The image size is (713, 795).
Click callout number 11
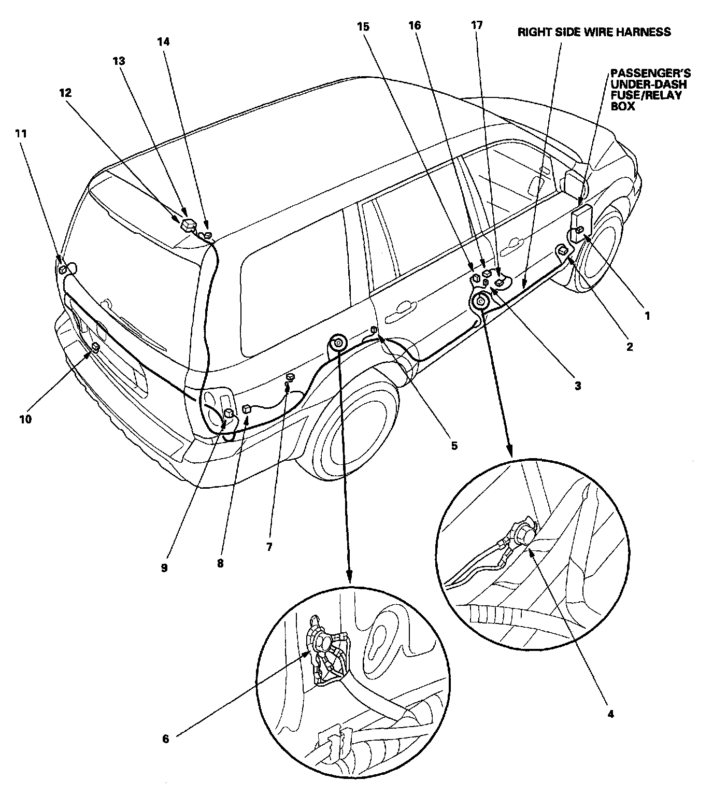(21, 133)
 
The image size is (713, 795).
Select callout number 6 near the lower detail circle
(166, 739)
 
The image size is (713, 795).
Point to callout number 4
(610, 714)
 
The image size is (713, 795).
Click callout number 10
(25, 418)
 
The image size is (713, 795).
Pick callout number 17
(477, 25)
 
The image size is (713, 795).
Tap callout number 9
(164, 567)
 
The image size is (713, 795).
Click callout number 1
(646, 315)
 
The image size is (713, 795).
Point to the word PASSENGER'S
(650, 73)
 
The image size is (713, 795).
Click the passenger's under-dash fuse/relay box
(580, 220)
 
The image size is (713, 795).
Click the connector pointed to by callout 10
(95, 347)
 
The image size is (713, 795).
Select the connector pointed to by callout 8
(247, 408)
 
